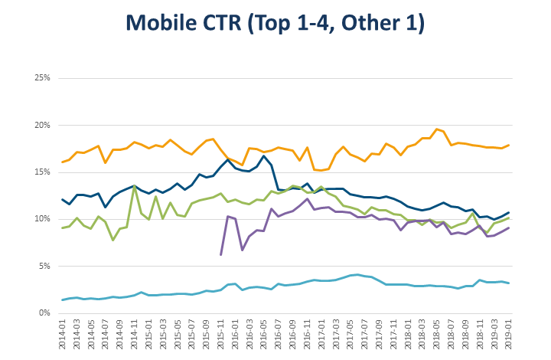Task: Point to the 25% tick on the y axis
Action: pos(41,78)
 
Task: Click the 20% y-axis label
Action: pos(41,125)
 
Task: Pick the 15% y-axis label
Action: pos(41,172)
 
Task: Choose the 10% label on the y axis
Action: pos(41,219)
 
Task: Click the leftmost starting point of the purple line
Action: pos(220,254)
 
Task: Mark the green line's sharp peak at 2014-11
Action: pos(135,186)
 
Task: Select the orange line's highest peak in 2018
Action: pos(436,129)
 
